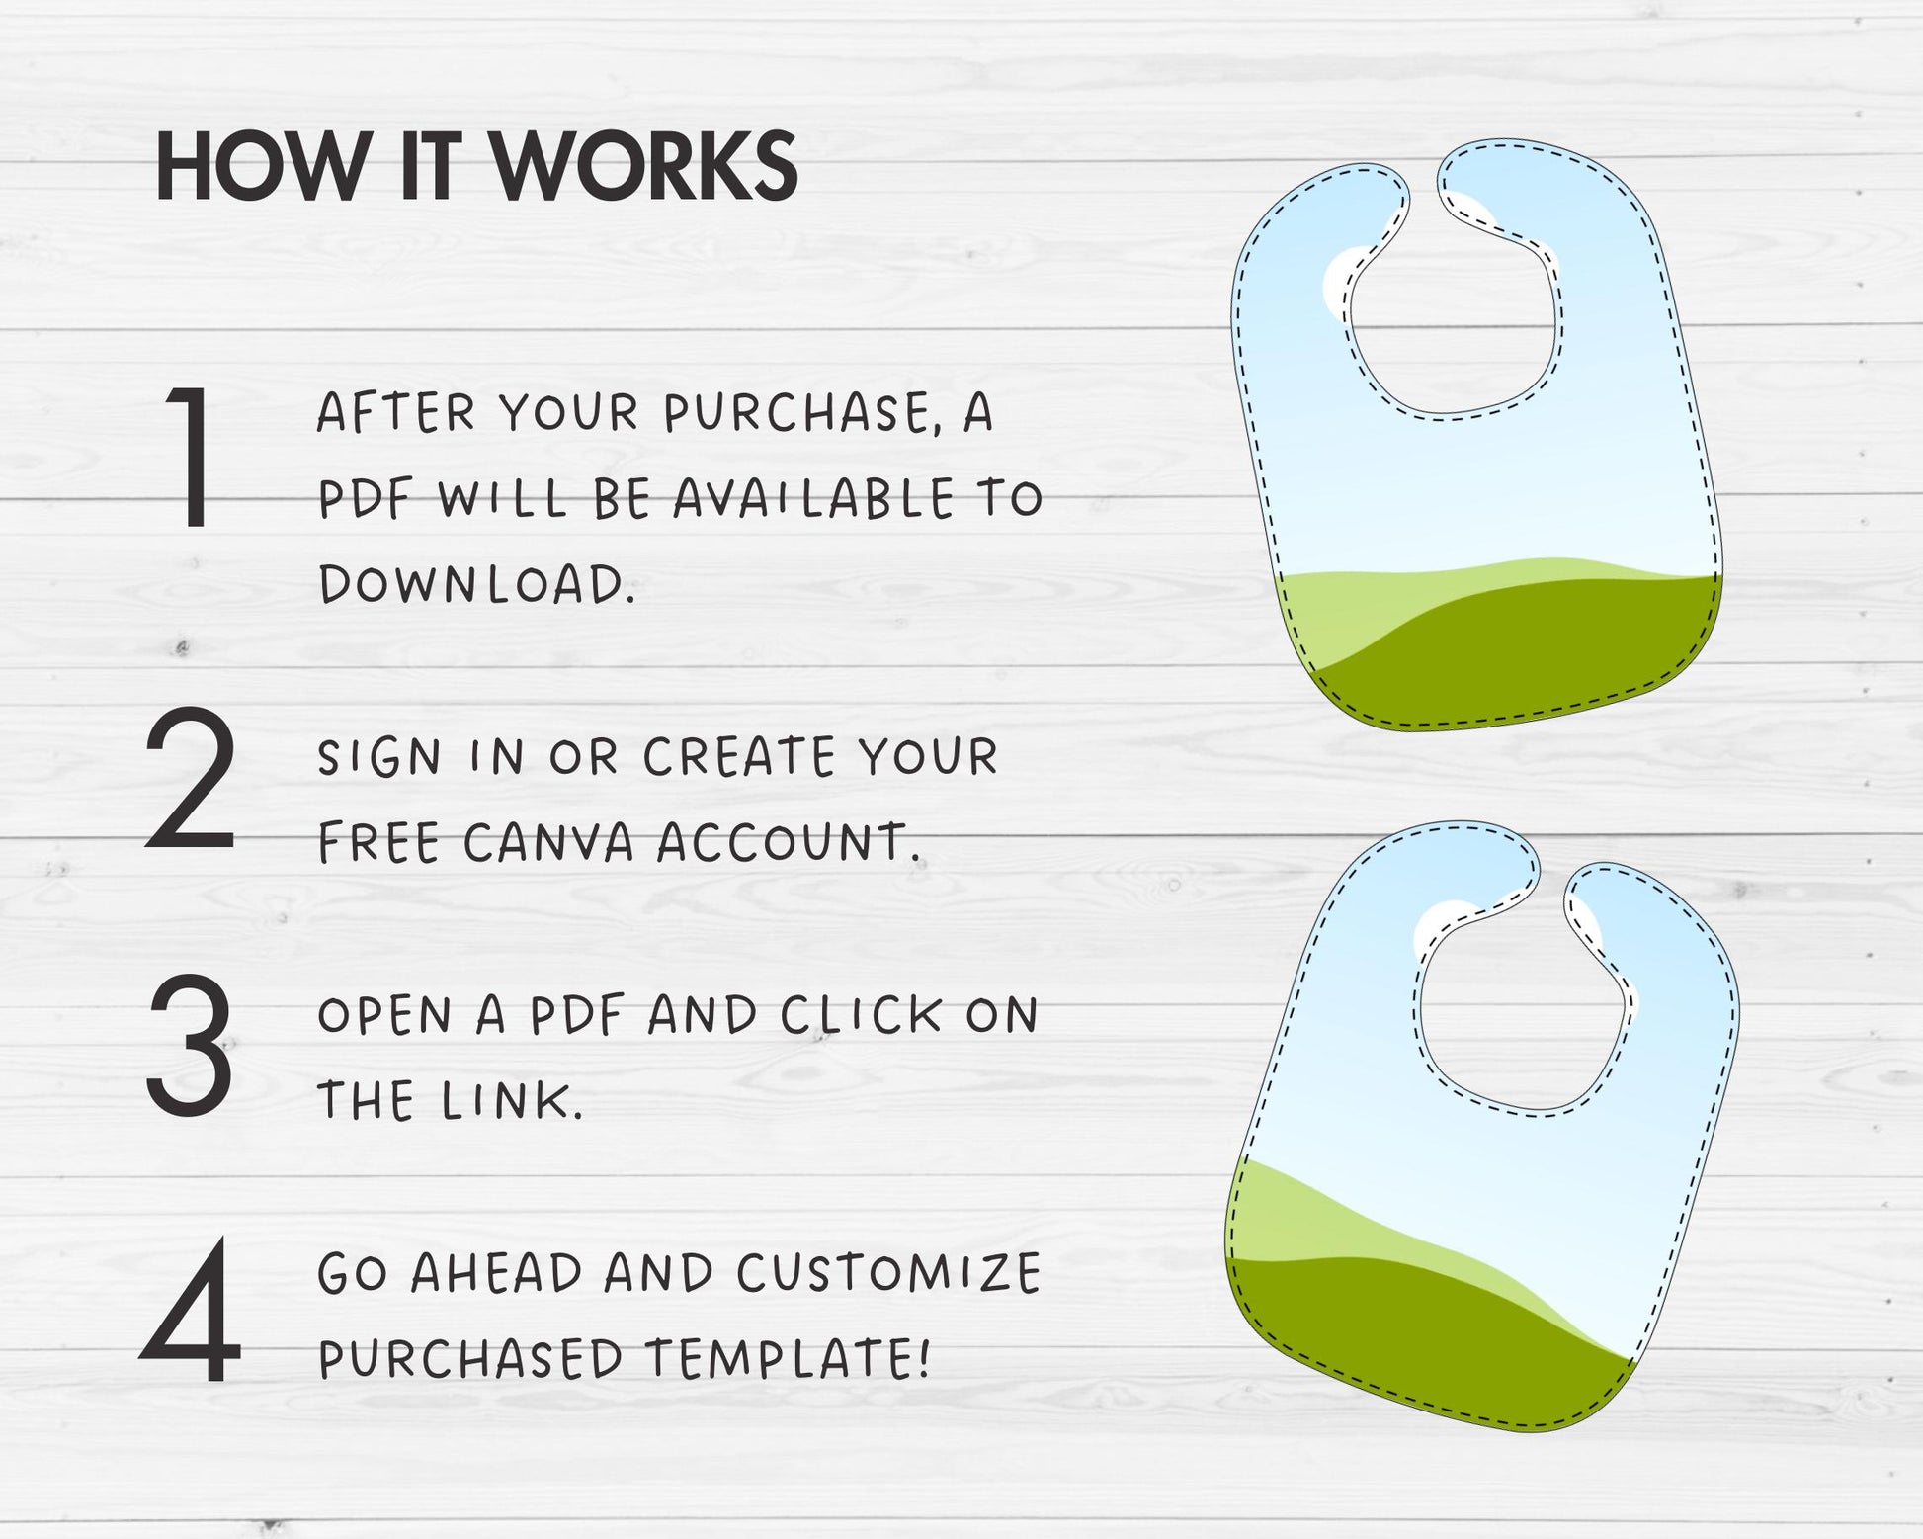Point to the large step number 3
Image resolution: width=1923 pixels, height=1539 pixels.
tap(190, 1044)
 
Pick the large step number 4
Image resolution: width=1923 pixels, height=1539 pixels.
tap(191, 1310)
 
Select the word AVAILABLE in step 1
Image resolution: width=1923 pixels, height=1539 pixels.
tap(813, 498)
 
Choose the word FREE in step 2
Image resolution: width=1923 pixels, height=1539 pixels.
tap(378, 842)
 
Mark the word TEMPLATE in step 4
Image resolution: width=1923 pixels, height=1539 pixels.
tap(788, 1358)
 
